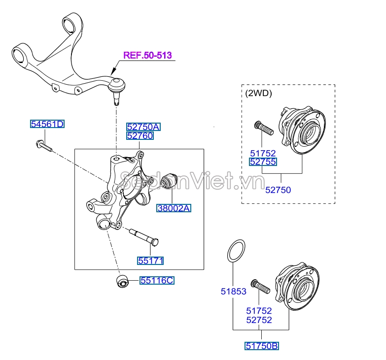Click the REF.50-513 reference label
pos(147,55)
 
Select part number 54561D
pos(47,124)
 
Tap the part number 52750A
pos(143,127)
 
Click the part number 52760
pos(140,135)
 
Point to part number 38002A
pos(174,208)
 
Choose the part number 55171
pos(150,261)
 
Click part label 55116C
pos(157,281)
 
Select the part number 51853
pos(233,292)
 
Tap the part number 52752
pos(259,320)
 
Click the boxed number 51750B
pos(262,346)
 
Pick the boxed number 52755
pos(263,162)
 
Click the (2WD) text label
pos(258,92)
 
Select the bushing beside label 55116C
pos(121,282)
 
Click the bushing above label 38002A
pos(170,181)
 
